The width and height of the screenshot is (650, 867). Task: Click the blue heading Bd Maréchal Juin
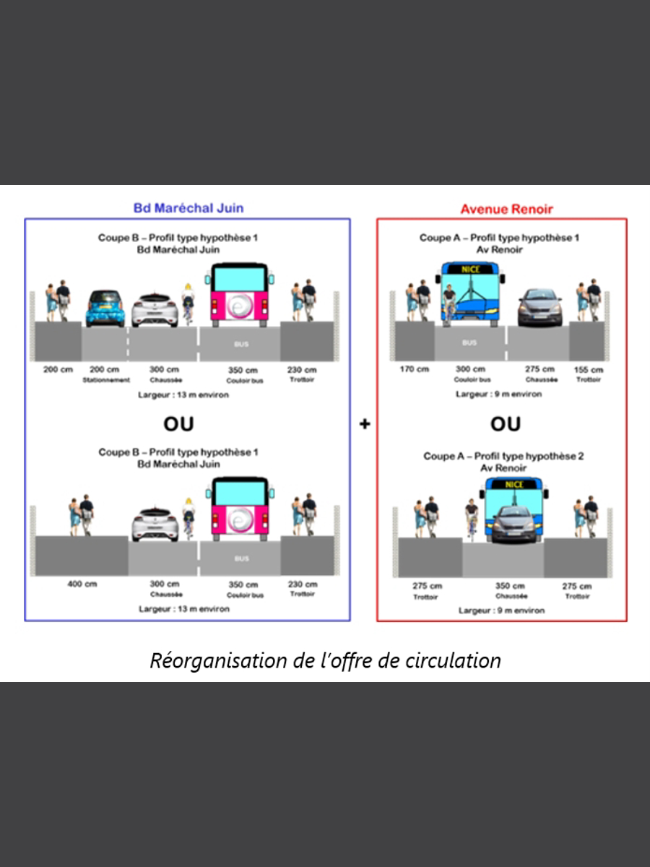[x=188, y=208]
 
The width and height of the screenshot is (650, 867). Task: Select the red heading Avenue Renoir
[x=506, y=210]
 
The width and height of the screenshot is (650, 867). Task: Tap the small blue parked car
[x=105, y=309]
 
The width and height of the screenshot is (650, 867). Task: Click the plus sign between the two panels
[x=365, y=424]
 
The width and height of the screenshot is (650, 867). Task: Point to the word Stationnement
[x=105, y=379]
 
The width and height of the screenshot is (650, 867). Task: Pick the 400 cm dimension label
[x=82, y=584]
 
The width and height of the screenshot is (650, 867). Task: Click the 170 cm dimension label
[x=414, y=370]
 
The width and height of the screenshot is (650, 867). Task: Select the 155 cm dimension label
[x=589, y=370]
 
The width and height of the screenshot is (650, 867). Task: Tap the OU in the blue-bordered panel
[x=178, y=423]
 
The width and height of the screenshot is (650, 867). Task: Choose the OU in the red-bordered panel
[x=506, y=424]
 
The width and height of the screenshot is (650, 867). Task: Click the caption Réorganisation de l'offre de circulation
[x=325, y=660]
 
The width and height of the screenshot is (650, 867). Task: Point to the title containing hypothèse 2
[x=503, y=457]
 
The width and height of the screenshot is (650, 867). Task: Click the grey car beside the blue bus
[x=539, y=306]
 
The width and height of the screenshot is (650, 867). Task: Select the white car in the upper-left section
[x=155, y=310]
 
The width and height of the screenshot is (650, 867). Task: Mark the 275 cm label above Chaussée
[x=539, y=369]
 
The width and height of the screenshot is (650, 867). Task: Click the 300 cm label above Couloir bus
[x=470, y=369]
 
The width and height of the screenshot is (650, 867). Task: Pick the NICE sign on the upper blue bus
[x=470, y=269]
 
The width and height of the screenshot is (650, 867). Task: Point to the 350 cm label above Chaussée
[x=510, y=586]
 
